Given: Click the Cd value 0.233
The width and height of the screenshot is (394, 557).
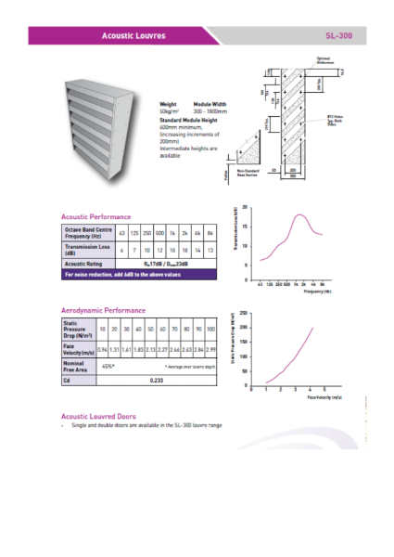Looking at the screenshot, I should click(x=157, y=380).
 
